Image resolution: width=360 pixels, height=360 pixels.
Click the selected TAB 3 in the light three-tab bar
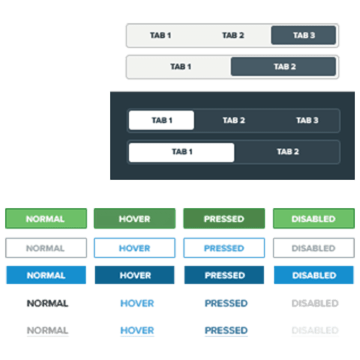pos(303,35)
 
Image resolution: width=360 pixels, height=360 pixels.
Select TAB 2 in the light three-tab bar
pos(233,35)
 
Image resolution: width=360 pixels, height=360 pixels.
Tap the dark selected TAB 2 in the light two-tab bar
pos(283,66)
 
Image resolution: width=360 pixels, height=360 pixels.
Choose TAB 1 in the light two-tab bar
pos(180,66)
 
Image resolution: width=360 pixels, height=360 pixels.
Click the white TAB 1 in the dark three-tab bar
pos(161,120)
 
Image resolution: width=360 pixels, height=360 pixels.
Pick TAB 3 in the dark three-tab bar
pos(307,120)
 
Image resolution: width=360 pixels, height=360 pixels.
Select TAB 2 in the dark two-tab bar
pos(287,151)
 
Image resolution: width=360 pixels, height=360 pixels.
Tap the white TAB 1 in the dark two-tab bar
pos(181,152)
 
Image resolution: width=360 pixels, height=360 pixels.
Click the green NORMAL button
pos(46,218)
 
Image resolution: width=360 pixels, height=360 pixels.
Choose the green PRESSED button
pos(224,218)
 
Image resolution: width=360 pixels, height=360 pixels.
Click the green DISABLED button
pos(314,218)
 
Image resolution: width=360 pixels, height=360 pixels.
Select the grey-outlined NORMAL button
pos(46,248)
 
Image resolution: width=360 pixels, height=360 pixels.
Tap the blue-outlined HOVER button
pos(134,248)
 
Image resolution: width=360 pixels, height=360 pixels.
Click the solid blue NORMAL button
pos(46,275)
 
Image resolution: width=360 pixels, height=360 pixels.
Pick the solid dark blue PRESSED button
pos(224,275)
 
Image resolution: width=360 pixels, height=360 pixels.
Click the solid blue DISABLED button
pos(314,275)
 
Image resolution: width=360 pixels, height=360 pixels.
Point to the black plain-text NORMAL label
pos(47,303)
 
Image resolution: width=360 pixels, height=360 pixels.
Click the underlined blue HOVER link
pos(137,331)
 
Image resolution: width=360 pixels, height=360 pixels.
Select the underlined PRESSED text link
pos(226,331)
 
